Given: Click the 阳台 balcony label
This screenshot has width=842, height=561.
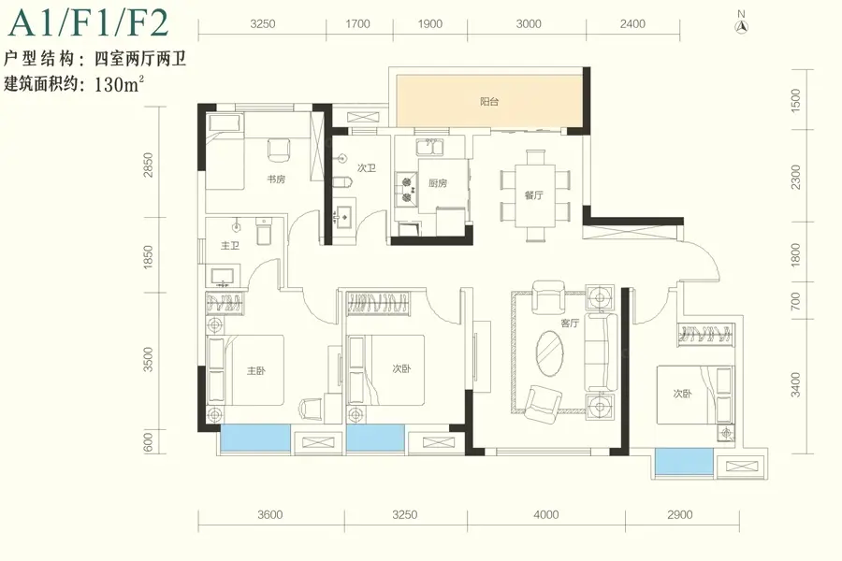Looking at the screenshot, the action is coord(489,102).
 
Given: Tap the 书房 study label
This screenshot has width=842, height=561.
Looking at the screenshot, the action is coord(276,180).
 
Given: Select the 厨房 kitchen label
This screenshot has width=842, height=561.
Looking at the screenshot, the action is coord(438,183).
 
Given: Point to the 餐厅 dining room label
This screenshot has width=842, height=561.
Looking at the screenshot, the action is coord(534,195).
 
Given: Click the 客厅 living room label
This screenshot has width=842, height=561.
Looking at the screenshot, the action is coord(570,324).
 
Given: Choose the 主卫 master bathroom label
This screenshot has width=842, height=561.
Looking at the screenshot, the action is coord(230,246).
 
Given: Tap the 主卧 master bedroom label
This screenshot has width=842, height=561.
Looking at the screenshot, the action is coord(255,370).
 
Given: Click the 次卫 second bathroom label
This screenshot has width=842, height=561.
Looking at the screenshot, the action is coord(366,168).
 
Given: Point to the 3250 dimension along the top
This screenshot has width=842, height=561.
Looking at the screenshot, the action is coord(263,24).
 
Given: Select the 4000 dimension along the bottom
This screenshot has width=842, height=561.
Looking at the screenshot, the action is coord(546,515).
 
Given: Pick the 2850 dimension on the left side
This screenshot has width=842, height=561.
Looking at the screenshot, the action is coord(149,165).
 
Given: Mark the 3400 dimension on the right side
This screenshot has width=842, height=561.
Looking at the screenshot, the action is coord(796,384).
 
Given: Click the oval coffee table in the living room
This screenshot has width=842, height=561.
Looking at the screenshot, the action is coord(550,353).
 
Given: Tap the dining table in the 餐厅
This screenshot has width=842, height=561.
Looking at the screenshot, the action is coord(535,195).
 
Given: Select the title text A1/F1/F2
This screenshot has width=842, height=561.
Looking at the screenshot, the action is coord(89,22).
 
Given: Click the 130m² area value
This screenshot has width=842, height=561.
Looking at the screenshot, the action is coord(119,84).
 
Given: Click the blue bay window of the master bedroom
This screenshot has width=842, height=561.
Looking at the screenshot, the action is coord(255,438).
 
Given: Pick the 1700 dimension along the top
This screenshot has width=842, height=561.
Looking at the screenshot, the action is coord(357,24).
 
